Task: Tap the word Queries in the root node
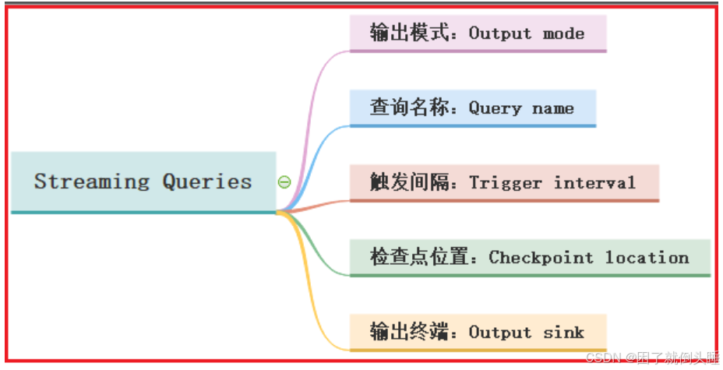tap(207, 181)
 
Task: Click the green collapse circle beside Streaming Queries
tap(284, 182)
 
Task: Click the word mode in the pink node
tap(564, 33)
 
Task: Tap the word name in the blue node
tap(553, 108)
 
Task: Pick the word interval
tap(594, 183)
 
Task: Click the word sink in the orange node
tap(564, 332)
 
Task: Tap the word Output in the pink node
tap(500, 33)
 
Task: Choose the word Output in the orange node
tap(500, 332)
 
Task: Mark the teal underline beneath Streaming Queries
tap(144, 212)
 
